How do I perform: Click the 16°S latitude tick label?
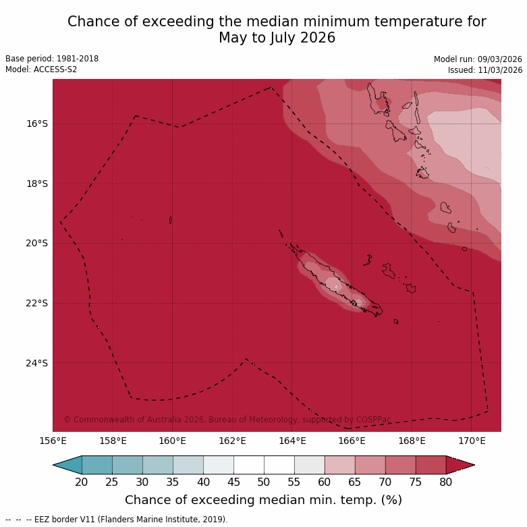point(37,123)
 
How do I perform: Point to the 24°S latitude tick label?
point(37,363)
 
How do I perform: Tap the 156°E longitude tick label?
point(53,441)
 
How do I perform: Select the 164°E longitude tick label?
point(292,441)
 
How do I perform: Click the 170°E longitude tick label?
point(472,441)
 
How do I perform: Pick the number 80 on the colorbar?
point(445,482)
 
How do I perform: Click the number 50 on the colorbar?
point(264,482)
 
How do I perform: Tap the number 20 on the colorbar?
point(82,482)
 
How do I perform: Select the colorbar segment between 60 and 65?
point(339,465)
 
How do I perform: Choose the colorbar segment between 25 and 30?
point(127,465)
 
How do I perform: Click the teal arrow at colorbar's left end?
point(68,465)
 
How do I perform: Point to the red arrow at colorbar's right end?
point(460,465)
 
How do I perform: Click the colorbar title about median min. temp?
point(263,500)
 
